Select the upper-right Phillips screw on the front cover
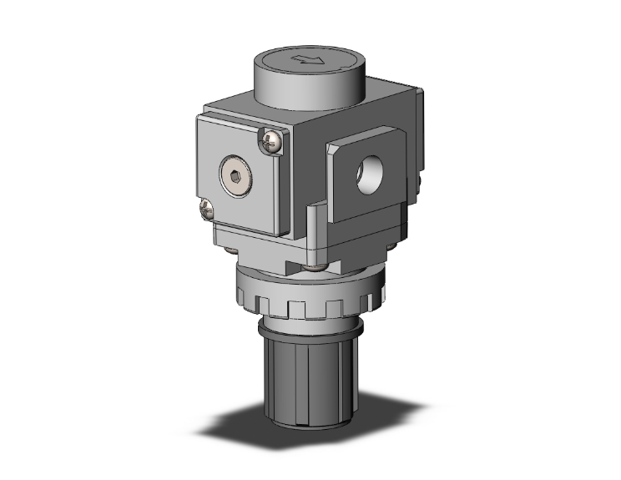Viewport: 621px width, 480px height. (x=272, y=142)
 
